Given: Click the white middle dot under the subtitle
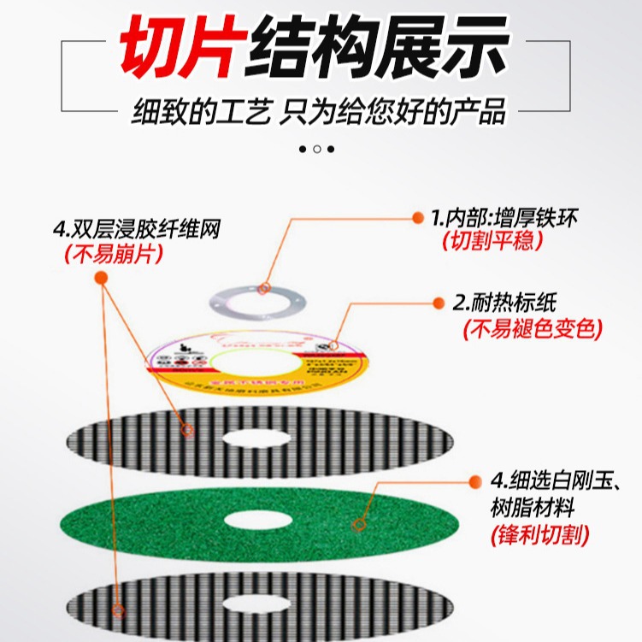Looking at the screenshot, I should point(317,149).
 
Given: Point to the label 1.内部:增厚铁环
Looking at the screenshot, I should point(504,218).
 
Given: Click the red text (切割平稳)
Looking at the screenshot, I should point(493,242).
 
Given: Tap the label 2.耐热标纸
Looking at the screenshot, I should point(505,303).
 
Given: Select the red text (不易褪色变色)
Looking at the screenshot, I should point(533,328).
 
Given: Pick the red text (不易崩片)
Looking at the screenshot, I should point(113,254).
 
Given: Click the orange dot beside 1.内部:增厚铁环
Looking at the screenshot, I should point(418,218).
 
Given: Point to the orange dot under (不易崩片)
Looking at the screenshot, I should point(101,278).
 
